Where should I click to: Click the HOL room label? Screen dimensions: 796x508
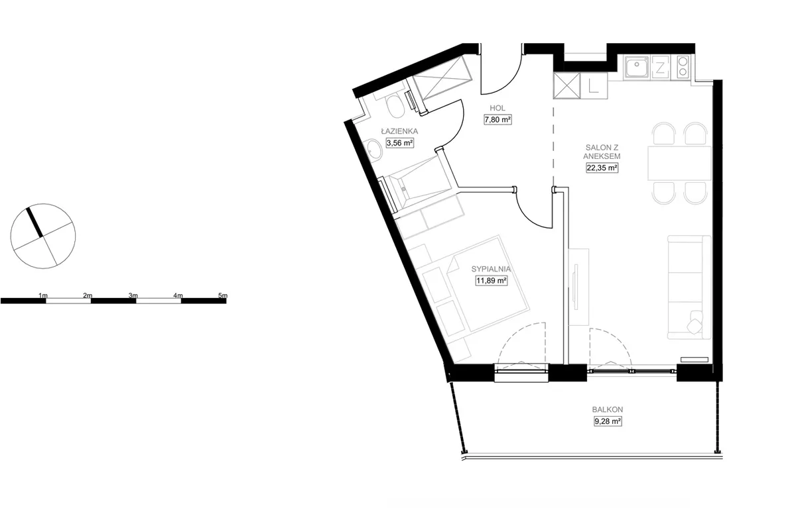pos(497,108)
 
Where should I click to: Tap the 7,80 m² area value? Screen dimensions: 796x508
pos(497,120)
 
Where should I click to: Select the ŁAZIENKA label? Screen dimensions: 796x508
pos(399,131)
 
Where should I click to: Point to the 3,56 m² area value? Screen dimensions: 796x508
pos(400,143)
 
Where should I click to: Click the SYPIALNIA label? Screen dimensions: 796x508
pos(491,269)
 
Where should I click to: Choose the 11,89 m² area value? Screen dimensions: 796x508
pos(492,281)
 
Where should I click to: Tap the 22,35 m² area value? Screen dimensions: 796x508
pos(602,168)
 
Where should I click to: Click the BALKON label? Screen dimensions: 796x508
pos(608,409)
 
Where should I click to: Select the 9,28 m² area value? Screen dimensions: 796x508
pos(608,421)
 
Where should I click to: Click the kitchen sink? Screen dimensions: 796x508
pos(637,68)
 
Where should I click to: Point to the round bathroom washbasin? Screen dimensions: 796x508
pos(373,150)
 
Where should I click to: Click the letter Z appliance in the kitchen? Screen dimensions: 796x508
pos(660,68)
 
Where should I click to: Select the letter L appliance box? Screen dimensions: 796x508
pos(594,86)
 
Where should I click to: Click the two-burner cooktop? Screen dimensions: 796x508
pos(683,66)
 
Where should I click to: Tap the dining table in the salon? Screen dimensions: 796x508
pos(679,164)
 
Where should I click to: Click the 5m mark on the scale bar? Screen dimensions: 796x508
pos(223,295)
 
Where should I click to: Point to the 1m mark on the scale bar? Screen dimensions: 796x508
pos(43,295)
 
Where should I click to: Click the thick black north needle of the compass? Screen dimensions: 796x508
pos(34,222)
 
